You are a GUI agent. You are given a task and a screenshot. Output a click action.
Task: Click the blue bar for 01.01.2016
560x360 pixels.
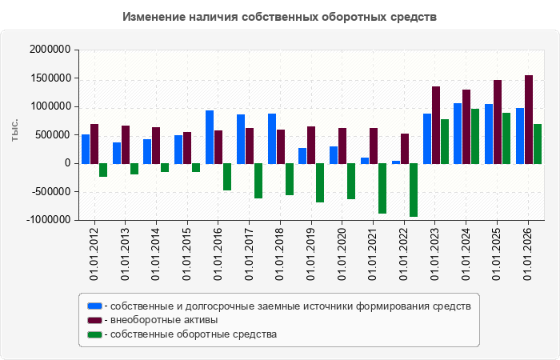pos(210,137)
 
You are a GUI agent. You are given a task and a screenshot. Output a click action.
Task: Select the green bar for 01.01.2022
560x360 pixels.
pos(414,190)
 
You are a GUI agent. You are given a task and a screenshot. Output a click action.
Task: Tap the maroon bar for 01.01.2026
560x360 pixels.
pos(529,120)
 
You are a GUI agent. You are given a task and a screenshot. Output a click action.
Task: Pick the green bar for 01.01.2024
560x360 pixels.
pos(475,137)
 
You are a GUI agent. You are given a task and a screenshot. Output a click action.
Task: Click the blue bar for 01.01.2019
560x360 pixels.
pos(302,156)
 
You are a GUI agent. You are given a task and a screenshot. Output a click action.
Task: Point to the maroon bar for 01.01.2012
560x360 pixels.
pos(94,144)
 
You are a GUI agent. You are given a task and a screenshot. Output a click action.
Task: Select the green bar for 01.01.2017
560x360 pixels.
pos(258,181)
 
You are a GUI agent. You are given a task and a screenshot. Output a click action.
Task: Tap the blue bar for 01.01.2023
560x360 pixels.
pos(427,139)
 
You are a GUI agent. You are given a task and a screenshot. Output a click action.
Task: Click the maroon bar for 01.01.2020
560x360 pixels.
pos(342,146)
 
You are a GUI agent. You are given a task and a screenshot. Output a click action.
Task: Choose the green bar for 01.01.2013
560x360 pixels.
pos(134,169)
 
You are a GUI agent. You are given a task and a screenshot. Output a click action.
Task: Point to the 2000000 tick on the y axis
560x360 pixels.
pos(50,50)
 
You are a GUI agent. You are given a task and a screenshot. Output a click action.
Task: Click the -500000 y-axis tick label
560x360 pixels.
pos(51,192)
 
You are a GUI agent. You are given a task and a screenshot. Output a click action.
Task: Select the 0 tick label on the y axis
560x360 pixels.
pos(67,163)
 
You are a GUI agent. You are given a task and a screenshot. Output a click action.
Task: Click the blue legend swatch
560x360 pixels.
pos(94,306)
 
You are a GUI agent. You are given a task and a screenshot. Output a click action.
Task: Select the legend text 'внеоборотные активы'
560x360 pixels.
pos(164,320)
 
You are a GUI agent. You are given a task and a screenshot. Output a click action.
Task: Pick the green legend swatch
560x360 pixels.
pos(94,334)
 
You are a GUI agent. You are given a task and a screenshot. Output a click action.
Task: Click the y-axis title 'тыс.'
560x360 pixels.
pos(14,130)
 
